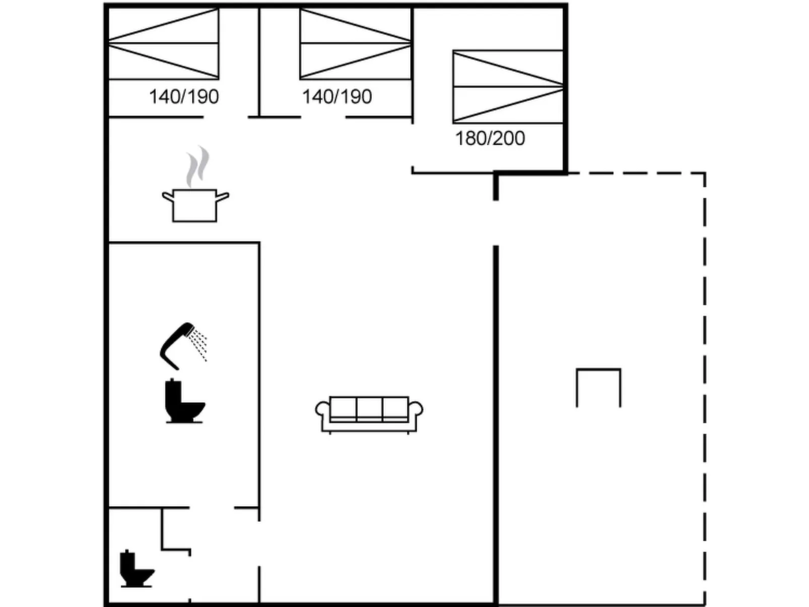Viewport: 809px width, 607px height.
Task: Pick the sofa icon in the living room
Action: (x=369, y=415)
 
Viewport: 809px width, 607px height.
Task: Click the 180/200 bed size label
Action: (x=490, y=138)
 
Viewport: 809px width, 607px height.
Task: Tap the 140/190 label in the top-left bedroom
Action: (x=184, y=96)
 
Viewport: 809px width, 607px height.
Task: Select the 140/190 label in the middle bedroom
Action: (x=337, y=96)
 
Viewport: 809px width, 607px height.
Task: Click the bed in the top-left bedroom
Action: (x=164, y=44)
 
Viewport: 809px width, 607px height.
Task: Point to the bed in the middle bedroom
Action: (x=356, y=44)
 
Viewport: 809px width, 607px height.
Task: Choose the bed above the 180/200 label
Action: (x=508, y=87)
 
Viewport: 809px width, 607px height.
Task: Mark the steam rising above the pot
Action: (x=197, y=166)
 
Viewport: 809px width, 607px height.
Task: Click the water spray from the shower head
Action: (x=200, y=345)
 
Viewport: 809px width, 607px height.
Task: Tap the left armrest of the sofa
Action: (x=322, y=411)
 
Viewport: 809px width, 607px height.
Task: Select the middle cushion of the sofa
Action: (x=369, y=409)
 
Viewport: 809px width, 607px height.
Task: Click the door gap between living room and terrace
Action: (x=496, y=223)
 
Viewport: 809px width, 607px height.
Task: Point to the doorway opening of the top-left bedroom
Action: (x=226, y=117)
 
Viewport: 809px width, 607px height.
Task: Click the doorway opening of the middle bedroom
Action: (x=323, y=117)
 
